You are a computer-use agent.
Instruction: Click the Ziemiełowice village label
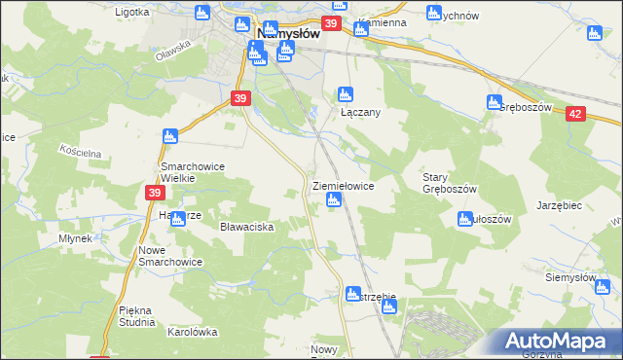[342, 185]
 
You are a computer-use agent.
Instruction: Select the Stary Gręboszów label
[449, 182]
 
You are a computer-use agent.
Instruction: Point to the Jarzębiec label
[559, 206]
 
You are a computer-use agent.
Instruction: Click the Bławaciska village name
[246, 227]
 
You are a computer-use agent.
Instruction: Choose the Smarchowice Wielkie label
[192, 172]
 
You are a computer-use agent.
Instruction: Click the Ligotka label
[131, 13]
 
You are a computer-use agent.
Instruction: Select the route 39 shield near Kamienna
[332, 23]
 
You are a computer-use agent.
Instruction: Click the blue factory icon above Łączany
[343, 94]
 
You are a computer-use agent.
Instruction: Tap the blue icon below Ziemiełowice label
[334, 201]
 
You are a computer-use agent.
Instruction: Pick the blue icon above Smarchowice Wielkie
[170, 135]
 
